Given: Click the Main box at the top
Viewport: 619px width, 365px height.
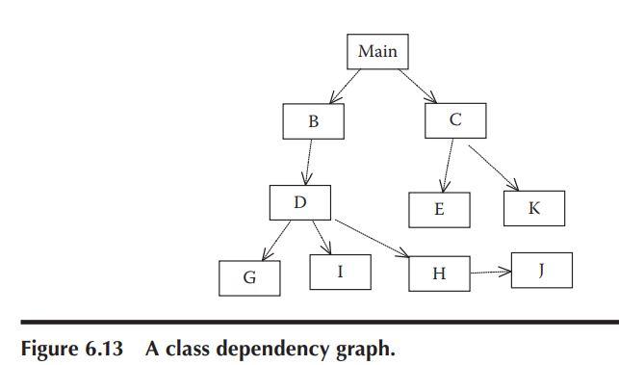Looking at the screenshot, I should pyautogui.click(x=377, y=51).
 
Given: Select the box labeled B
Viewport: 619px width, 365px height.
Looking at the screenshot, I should pyautogui.click(x=313, y=122).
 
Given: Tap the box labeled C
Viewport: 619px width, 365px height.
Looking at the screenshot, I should pyautogui.click(x=454, y=119).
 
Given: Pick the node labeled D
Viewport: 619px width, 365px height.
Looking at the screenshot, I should pyautogui.click(x=299, y=202).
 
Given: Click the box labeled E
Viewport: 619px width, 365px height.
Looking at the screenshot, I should pyautogui.click(x=439, y=209).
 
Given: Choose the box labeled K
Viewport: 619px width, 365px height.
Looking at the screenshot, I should pyautogui.click(x=533, y=208).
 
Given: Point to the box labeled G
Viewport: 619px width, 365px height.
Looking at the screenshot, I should pyautogui.click(x=249, y=278).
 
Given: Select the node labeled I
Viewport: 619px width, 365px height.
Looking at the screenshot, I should pyautogui.click(x=340, y=272).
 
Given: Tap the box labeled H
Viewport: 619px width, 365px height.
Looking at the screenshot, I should pyautogui.click(x=439, y=274).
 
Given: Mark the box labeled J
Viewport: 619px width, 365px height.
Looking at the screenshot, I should pyautogui.click(x=541, y=270).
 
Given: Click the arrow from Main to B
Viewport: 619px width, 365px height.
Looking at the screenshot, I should pyautogui.click(x=347, y=86).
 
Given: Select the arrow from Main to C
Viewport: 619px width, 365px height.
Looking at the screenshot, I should pyautogui.click(x=416, y=85).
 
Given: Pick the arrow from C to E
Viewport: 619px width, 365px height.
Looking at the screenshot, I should pyautogui.click(x=448, y=165).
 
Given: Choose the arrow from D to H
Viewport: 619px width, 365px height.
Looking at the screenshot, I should pyautogui.click(x=371, y=240).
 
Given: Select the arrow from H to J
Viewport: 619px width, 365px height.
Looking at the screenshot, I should pyautogui.click(x=491, y=273).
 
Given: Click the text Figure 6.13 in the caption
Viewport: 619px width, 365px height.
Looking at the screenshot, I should pyautogui.click(x=69, y=348).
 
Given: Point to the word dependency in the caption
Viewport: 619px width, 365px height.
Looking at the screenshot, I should pyautogui.click(x=269, y=349).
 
